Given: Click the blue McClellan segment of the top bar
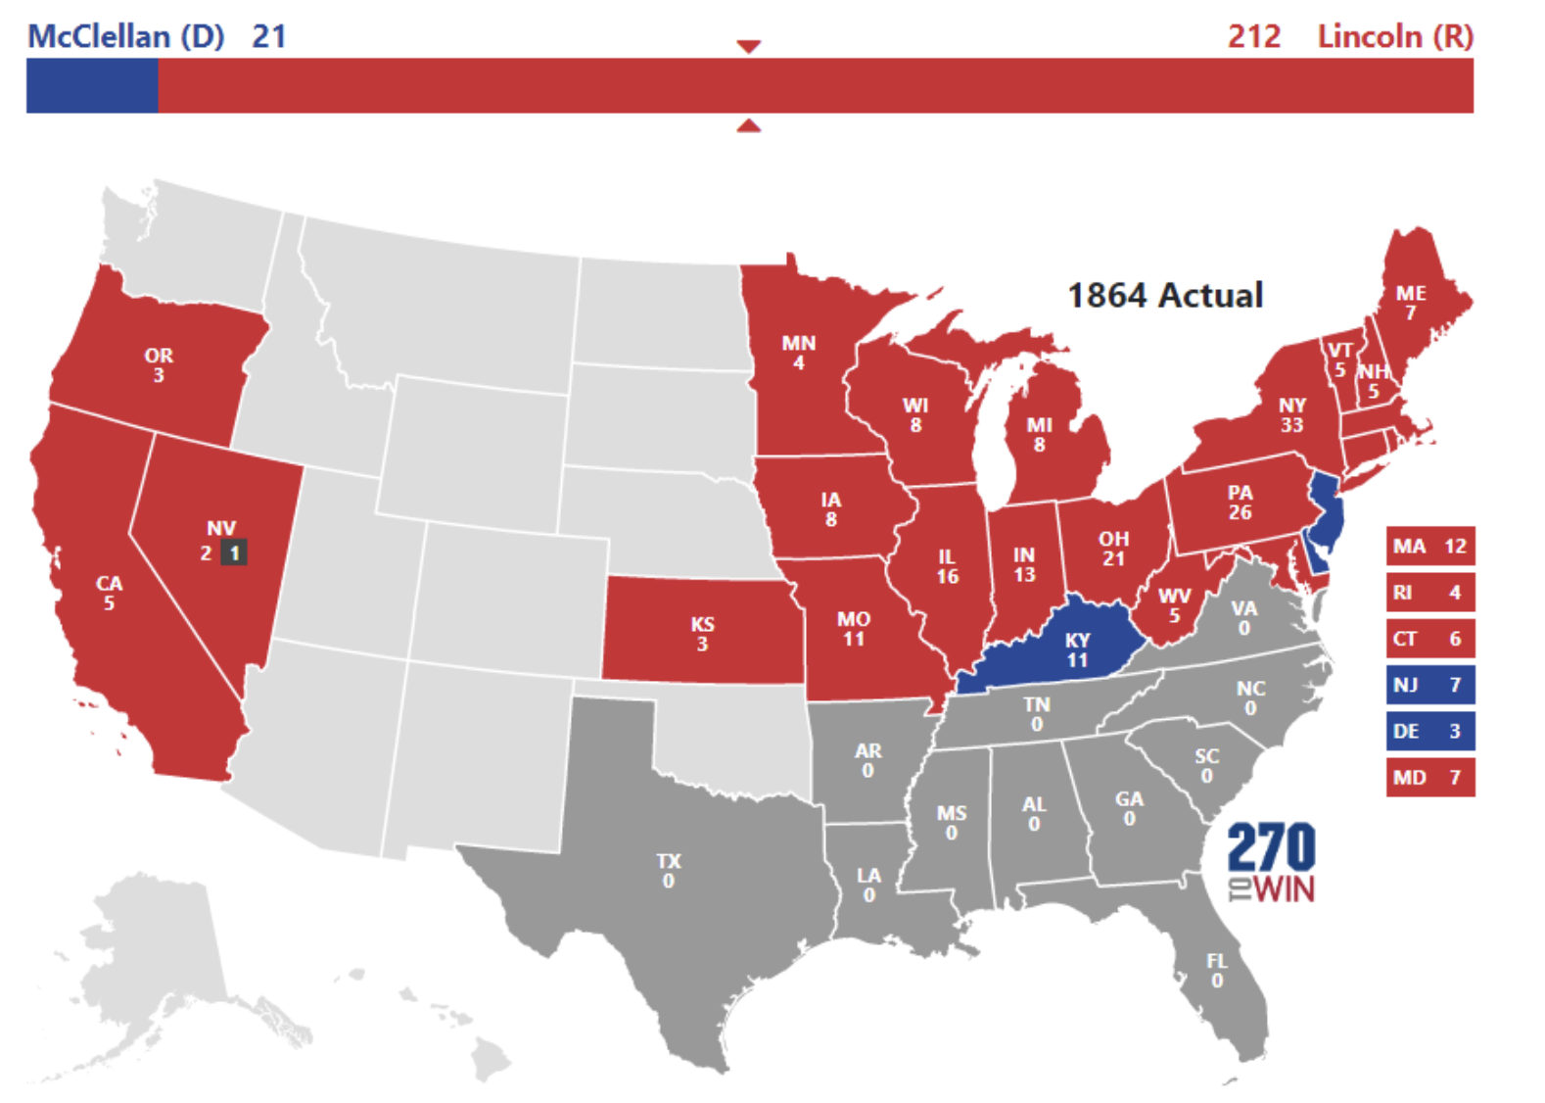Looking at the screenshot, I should [x=92, y=85].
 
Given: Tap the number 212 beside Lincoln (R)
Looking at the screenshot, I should [x=1254, y=36].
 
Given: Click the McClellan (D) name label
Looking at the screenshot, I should [x=125, y=36].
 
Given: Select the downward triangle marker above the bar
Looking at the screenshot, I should [x=749, y=46].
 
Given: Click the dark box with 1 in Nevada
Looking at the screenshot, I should [x=233, y=552].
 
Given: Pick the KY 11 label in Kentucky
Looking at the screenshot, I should [x=1077, y=649].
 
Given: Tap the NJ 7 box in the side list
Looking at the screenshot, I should [x=1429, y=685].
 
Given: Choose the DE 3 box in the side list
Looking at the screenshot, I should [x=1429, y=731].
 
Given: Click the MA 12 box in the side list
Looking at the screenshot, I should [x=1429, y=546].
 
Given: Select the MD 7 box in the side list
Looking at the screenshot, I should [x=1429, y=777].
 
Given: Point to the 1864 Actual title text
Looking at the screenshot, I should [x=1165, y=295].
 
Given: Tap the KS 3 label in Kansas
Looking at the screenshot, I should [x=702, y=634].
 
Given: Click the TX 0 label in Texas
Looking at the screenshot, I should [x=669, y=870].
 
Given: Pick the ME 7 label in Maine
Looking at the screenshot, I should [x=1411, y=303].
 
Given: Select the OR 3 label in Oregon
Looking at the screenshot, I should [x=159, y=364].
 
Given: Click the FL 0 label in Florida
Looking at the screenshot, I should [x=1216, y=970].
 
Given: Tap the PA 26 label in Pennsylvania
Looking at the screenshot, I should [x=1240, y=502].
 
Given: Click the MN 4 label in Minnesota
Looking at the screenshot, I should [x=799, y=353].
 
